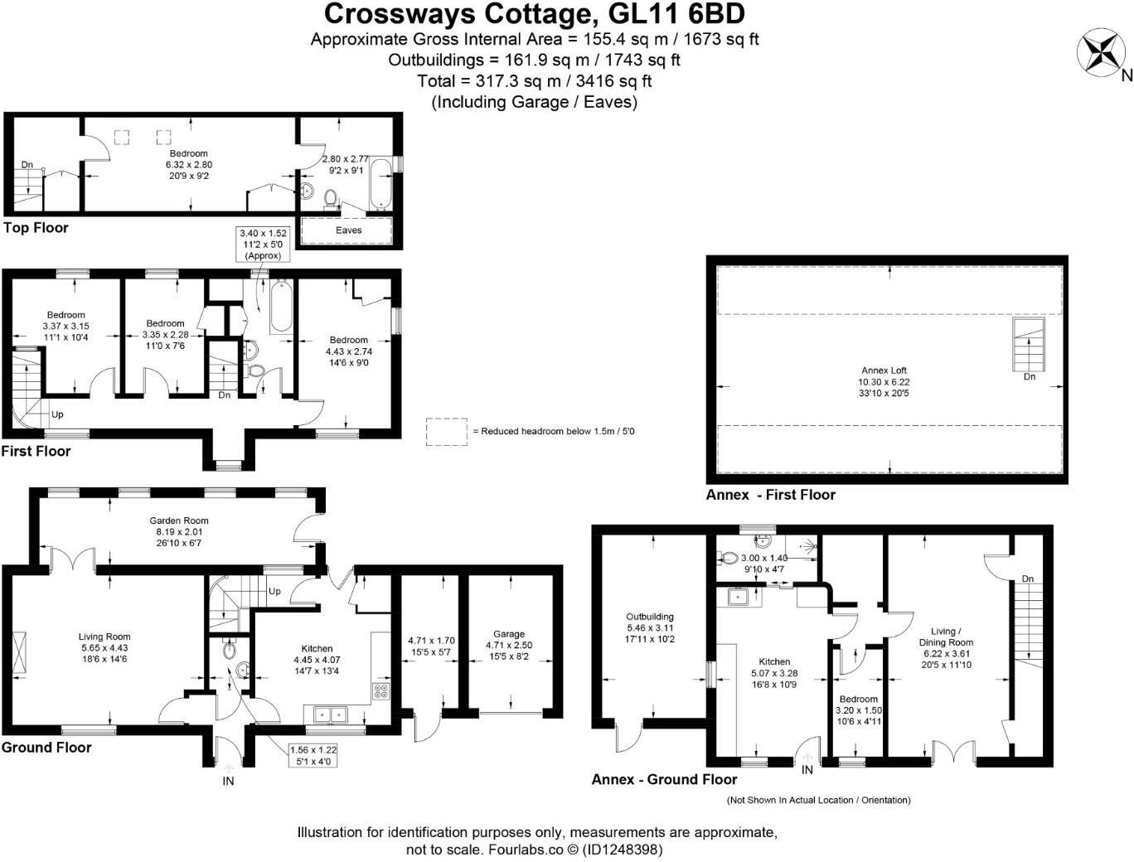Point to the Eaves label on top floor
pos(348,230)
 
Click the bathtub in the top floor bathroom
pos(382,183)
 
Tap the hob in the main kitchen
pos(381,691)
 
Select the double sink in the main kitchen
pos(330,714)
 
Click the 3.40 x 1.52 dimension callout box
pos(264,245)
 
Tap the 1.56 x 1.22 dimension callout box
pos(313,754)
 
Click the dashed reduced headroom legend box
pos(447,432)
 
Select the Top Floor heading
pos(36,228)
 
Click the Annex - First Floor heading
pos(770,495)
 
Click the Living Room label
pos(105,647)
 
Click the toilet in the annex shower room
pos(729,559)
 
